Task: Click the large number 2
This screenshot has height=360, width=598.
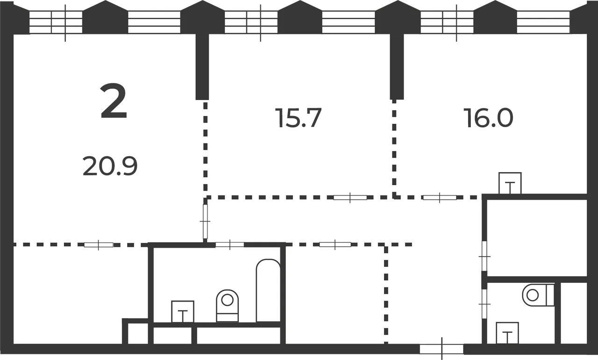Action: (x=114, y=101)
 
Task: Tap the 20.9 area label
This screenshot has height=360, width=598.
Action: (x=110, y=166)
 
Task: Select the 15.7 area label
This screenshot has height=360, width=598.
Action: (x=298, y=118)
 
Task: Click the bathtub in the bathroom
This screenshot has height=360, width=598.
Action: (x=268, y=290)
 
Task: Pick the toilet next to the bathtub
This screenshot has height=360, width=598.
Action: (x=227, y=306)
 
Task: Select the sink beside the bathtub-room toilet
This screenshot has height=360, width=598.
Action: (x=183, y=312)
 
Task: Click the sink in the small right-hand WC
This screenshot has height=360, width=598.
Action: (x=507, y=333)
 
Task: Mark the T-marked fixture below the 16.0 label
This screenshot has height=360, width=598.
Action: (x=510, y=183)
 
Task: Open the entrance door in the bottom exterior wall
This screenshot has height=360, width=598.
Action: (x=442, y=349)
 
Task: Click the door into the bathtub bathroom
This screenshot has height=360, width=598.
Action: (x=230, y=245)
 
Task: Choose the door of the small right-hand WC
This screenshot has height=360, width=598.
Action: (x=484, y=304)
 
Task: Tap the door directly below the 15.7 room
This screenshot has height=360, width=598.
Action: (x=350, y=197)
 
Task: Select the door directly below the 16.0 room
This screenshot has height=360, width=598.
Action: (x=440, y=197)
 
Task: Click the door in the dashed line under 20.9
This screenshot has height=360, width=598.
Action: (x=99, y=245)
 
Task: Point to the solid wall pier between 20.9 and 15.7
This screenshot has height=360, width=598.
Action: (x=202, y=67)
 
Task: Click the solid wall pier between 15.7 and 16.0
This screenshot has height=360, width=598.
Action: (x=397, y=67)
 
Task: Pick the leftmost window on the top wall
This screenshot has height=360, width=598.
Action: (x=56, y=22)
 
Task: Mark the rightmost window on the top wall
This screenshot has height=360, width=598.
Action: (x=543, y=22)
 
